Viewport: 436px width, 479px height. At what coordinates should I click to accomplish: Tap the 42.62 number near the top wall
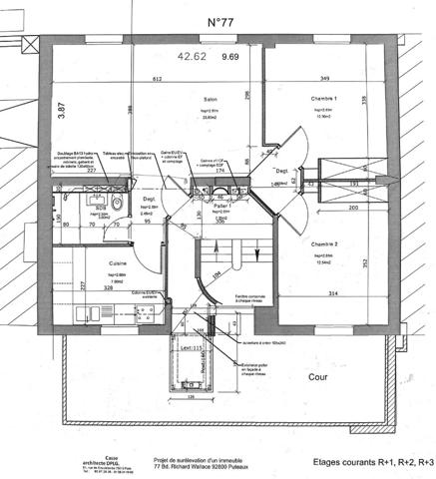192,57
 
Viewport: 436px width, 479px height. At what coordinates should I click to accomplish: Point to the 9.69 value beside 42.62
230,57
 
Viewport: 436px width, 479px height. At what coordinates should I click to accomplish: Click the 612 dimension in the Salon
157,78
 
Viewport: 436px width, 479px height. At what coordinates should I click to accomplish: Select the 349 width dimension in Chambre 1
321,78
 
